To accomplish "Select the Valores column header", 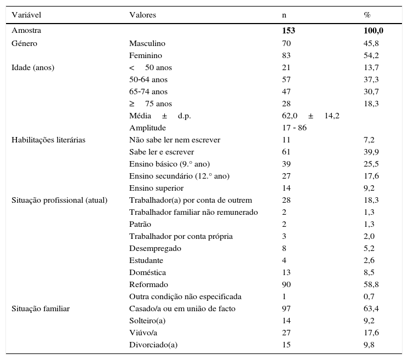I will pos(142,15).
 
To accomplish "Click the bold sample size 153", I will pos(288,31).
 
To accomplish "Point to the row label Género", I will pos(25,43).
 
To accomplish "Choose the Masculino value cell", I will pos(147,43).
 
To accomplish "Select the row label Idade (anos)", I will pos(33,67).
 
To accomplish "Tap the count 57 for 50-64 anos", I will pos(286,79).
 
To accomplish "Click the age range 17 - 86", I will pos(295,128).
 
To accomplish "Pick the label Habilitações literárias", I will pos(48,140).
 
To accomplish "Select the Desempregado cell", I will pos(155,248).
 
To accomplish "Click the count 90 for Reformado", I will pos(286,284).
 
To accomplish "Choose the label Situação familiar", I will pos(41,308).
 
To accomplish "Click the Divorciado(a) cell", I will pos(153,345).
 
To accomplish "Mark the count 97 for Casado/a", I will pos(286,308).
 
